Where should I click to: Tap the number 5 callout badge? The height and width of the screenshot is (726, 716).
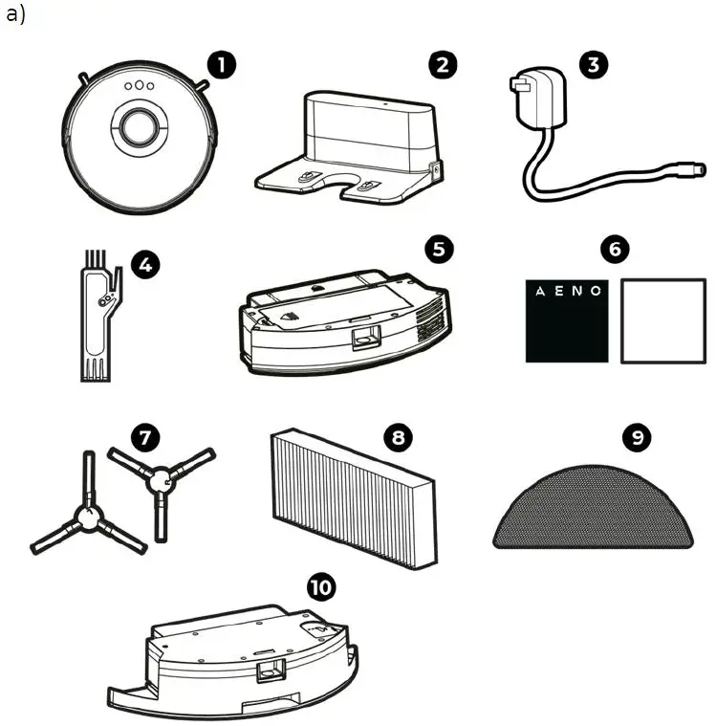pyautogui.click(x=439, y=249)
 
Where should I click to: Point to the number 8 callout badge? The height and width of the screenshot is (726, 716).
pyautogui.click(x=396, y=436)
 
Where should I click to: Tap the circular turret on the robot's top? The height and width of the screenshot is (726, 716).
pyautogui.click(x=140, y=126)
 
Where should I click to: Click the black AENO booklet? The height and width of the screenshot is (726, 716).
pyautogui.click(x=566, y=320)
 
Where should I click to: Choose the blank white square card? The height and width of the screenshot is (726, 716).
pyautogui.click(x=662, y=320)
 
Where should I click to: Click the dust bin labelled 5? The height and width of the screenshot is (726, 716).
pyautogui.click(x=342, y=320)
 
